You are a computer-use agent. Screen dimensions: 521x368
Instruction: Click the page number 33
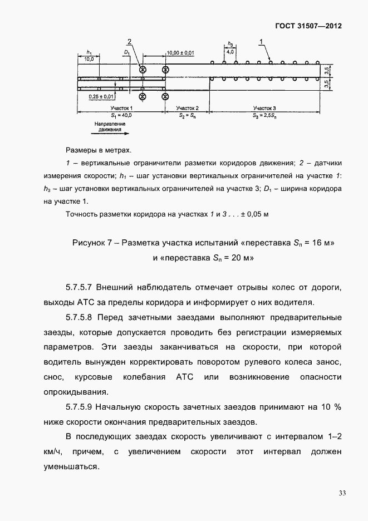[342, 493]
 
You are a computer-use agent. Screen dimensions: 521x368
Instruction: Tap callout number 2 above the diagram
[129, 42]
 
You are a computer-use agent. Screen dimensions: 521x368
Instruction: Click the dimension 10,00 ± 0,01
[180, 52]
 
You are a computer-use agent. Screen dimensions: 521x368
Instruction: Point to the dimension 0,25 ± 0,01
[101, 96]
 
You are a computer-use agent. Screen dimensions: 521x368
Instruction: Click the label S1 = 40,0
[120, 114]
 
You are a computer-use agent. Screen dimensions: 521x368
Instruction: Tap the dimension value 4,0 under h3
[229, 52]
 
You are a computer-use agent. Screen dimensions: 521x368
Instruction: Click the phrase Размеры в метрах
[99, 150]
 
